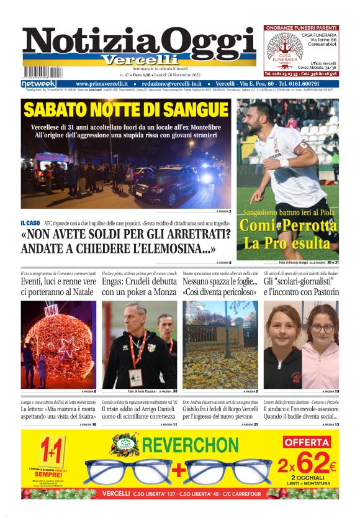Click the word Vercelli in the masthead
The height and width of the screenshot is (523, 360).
[136, 60]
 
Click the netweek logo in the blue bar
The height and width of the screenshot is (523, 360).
[38, 84]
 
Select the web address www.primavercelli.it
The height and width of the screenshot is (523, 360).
[102, 84]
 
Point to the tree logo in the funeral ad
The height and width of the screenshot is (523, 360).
[282, 50]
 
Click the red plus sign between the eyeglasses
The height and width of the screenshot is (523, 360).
[176, 471]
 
